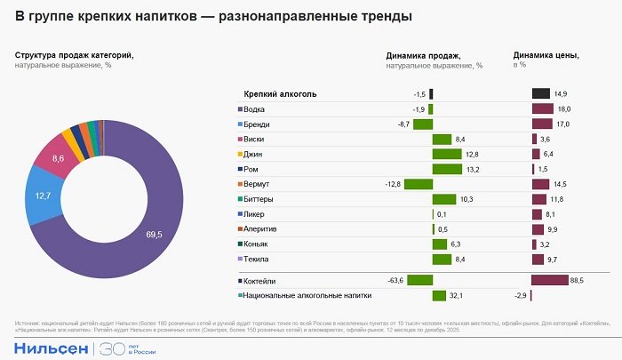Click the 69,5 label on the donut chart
tap(154, 234)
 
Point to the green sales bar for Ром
tap(447, 169)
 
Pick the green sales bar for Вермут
tap(418, 184)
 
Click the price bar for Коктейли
tap(549, 281)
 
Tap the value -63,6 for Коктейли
tap(396, 281)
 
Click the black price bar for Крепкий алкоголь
tap(540, 93)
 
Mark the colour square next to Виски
tap(240, 139)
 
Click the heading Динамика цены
tap(546, 55)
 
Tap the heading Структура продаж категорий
tap(75, 55)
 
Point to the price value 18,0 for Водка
tap(563, 108)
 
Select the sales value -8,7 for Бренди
tap(403, 124)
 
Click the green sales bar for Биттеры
tap(443, 199)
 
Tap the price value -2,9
tap(522, 296)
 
